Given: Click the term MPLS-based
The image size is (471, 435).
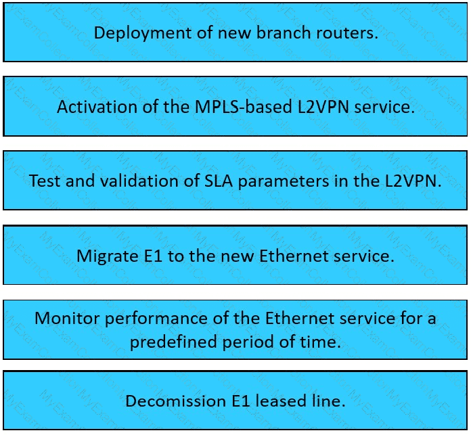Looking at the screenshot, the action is (x=244, y=107).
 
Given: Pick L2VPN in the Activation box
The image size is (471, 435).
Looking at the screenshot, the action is (x=323, y=107).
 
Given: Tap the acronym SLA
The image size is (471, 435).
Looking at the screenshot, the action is (x=219, y=181).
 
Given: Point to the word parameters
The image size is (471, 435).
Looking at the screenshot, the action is (x=284, y=182).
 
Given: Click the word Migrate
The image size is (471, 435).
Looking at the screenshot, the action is (x=107, y=256).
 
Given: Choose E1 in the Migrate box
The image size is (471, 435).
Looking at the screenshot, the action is (x=153, y=256).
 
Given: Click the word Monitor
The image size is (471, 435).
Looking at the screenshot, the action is (x=67, y=318).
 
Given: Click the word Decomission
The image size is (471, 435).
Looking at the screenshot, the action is (x=176, y=401).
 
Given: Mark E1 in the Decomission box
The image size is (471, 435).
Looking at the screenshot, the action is (x=241, y=401).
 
